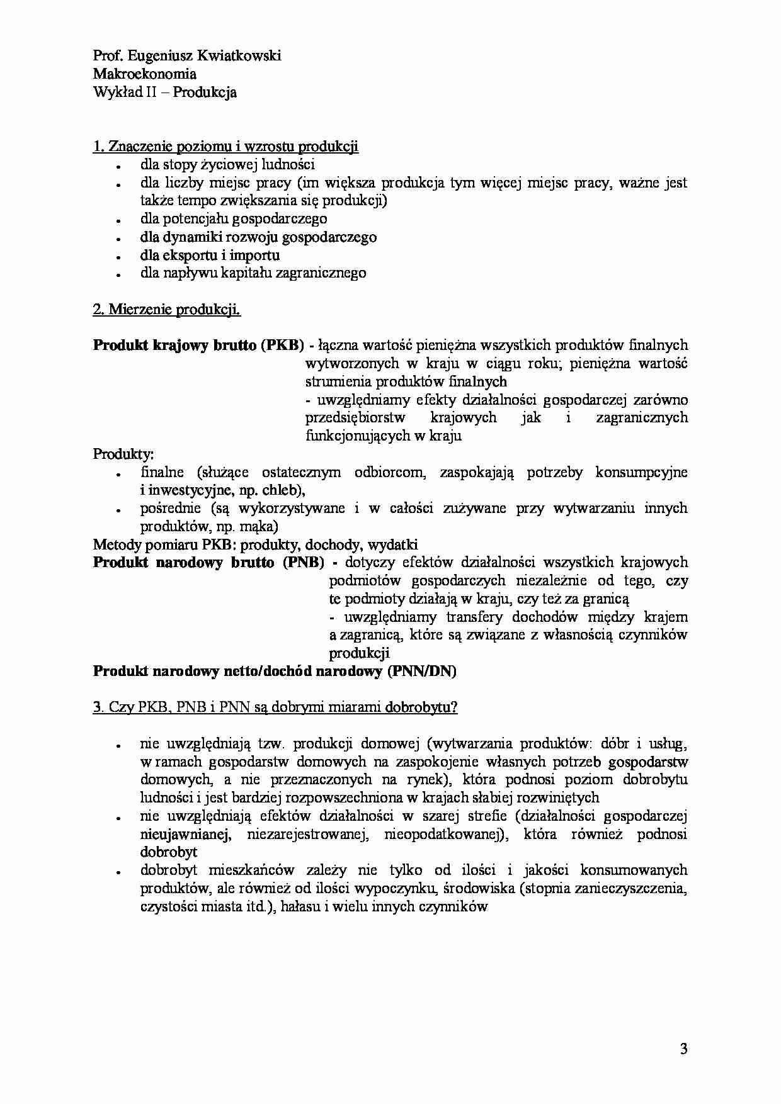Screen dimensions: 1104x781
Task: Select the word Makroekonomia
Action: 144,74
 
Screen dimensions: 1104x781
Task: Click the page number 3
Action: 683,1049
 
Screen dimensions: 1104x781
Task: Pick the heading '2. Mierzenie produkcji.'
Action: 166,310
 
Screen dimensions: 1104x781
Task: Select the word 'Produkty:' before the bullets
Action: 123,454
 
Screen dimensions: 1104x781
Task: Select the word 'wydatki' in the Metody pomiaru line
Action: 393,544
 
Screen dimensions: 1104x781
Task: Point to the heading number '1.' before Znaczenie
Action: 99,147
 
